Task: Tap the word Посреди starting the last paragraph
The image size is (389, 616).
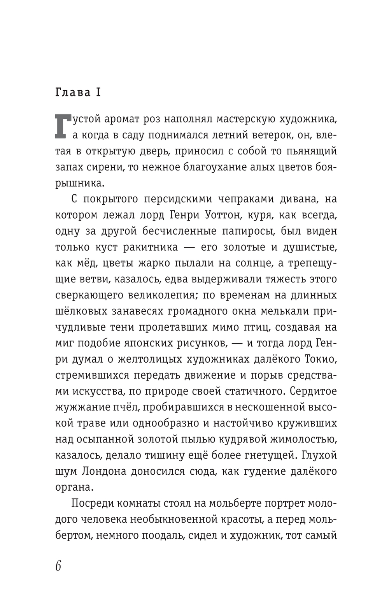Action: click(x=93, y=503)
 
